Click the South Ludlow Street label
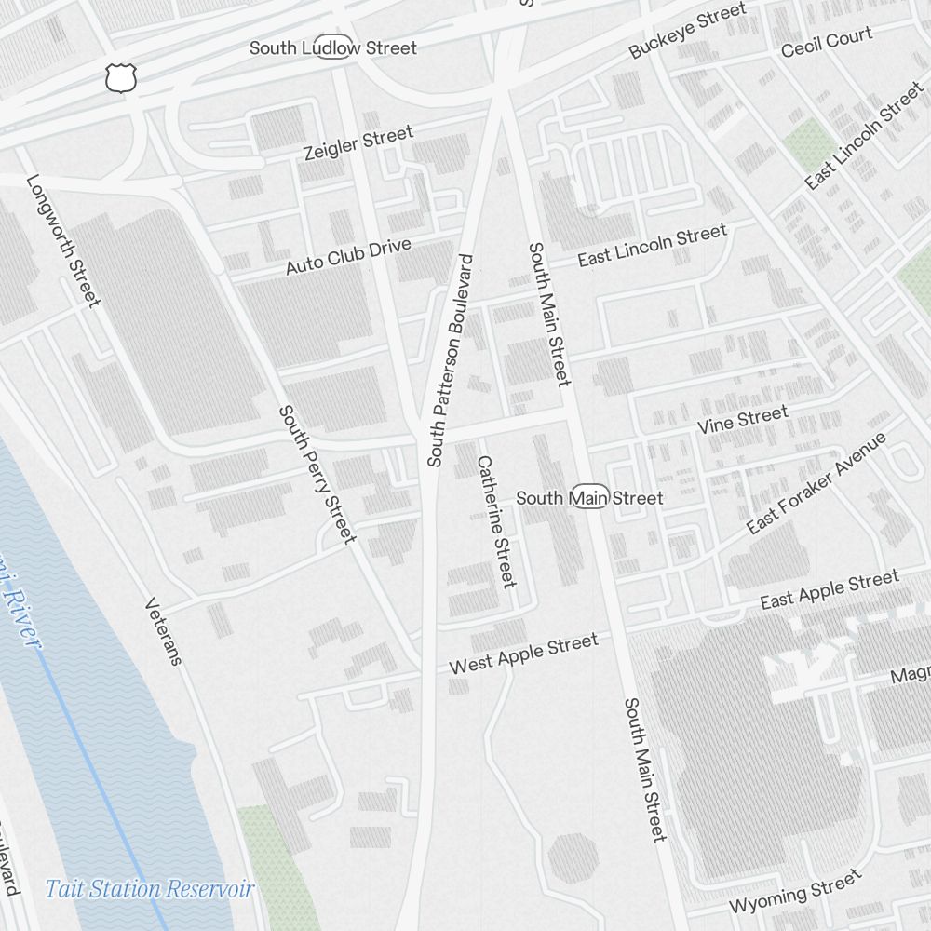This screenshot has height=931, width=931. [333, 47]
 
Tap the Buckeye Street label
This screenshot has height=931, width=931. [687, 32]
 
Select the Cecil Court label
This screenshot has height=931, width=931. [827, 42]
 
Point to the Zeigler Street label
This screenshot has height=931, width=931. [358, 143]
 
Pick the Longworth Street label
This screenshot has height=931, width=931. [62, 240]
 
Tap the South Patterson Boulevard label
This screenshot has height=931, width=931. [451, 360]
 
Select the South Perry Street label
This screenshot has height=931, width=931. [317, 474]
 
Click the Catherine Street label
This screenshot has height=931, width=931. [496, 521]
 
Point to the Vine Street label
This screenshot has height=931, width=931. [743, 419]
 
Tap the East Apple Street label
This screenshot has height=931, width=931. [830, 590]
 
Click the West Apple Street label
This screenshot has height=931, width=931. [523, 654]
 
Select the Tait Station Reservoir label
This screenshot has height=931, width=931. [150, 889]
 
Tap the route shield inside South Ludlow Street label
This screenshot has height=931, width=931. [333, 47]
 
